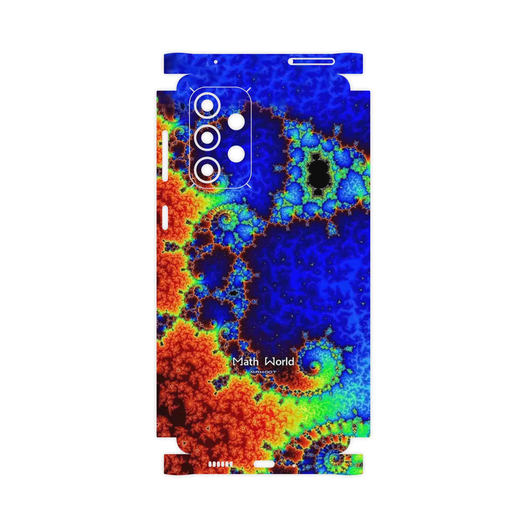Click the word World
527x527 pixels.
[280, 362]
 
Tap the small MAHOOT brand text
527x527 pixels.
[263, 372]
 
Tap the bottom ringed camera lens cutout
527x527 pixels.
[207, 170]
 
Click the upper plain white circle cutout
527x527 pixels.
[236, 122]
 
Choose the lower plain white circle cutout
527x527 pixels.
[236, 154]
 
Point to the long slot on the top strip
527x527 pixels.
[311, 62]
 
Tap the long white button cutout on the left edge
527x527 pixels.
[165, 156]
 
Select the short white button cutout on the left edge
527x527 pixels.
[165, 218]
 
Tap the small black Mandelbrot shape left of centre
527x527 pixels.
[233, 293]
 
